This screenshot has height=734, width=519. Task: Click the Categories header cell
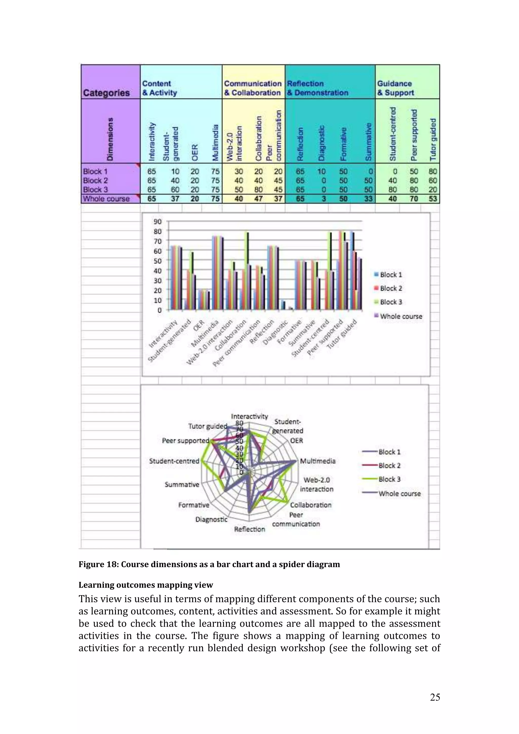pyautogui.click(x=106, y=93)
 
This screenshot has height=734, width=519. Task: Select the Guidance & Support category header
pyautogui.click(x=395, y=88)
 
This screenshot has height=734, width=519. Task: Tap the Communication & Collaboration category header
pyautogui.click(x=253, y=88)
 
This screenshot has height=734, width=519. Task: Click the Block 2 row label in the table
pyautogui.click(x=95, y=181)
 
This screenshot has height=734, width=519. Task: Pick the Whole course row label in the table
pyautogui.click(x=106, y=199)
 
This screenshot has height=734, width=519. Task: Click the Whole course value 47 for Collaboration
pyautogui.click(x=258, y=199)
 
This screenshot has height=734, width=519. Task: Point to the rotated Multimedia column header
pyautogui.click(x=215, y=143)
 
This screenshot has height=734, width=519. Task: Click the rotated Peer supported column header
pyautogui.click(x=414, y=135)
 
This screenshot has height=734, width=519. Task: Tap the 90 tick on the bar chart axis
pyautogui.click(x=158, y=222)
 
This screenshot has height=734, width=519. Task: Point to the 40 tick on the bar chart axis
pyautogui.click(x=158, y=271)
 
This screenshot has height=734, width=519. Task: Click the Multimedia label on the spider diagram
pyautogui.click(x=318, y=461)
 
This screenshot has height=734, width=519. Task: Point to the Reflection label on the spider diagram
pyautogui.click(x=249, y=529)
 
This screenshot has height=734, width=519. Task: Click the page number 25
pyautogui.click(x=435, y=697)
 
